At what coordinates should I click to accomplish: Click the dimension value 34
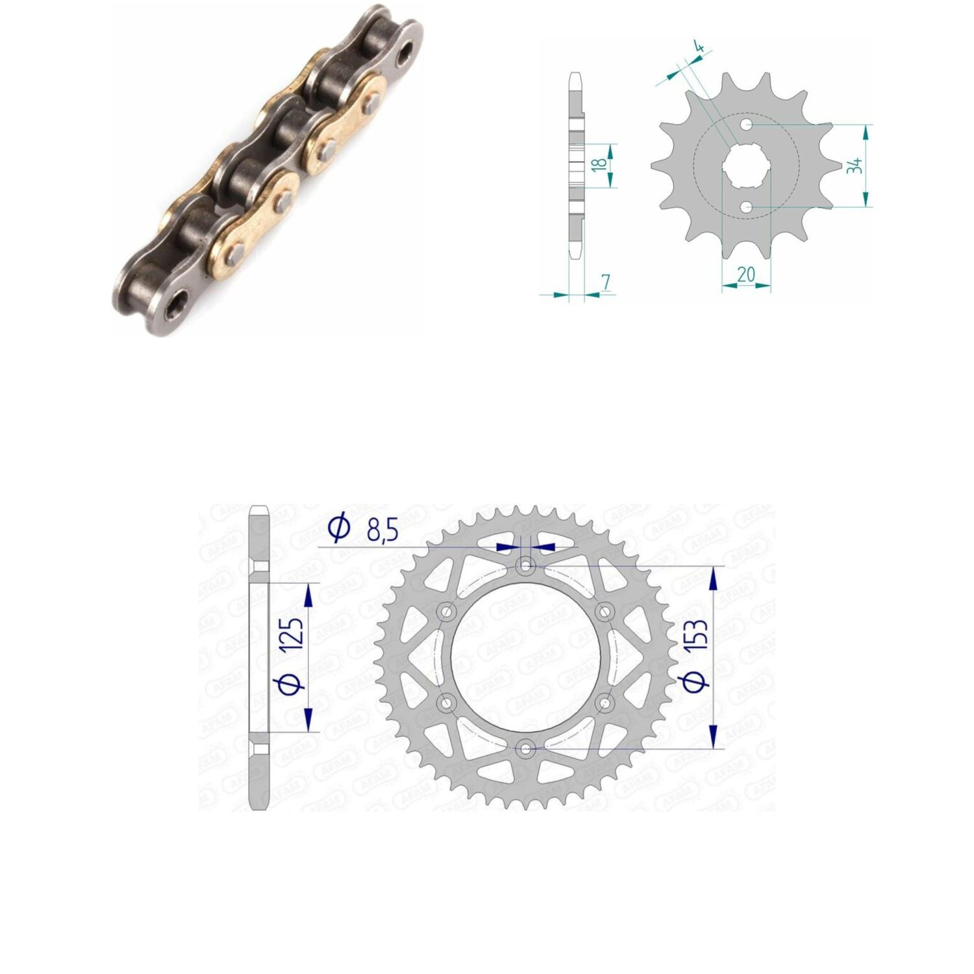click(x=855, y=165)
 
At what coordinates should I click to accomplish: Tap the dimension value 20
click(x=746, y=275)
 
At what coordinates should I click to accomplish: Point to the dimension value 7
click(x=606, y=282)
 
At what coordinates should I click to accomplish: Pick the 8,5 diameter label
click(x=382, y=531)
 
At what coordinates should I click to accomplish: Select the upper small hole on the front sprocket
click(x=747, y=123)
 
